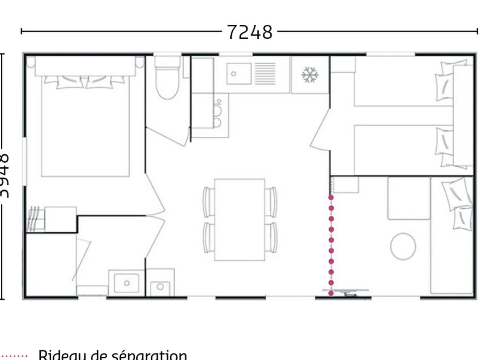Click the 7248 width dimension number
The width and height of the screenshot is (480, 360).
[250, 32]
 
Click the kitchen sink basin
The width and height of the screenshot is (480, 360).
[239, 74]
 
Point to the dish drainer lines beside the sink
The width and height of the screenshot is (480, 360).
[265, 74]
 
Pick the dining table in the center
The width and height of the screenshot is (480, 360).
[240, 220]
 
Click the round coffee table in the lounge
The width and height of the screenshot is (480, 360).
[403, 246]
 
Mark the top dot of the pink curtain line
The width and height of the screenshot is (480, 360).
[331, 197]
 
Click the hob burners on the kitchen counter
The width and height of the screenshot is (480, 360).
[218, 116]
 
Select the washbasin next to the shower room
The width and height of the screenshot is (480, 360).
[126, 283]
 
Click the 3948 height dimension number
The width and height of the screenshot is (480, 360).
[5, 176]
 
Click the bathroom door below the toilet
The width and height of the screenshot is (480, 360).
[168, 136]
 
